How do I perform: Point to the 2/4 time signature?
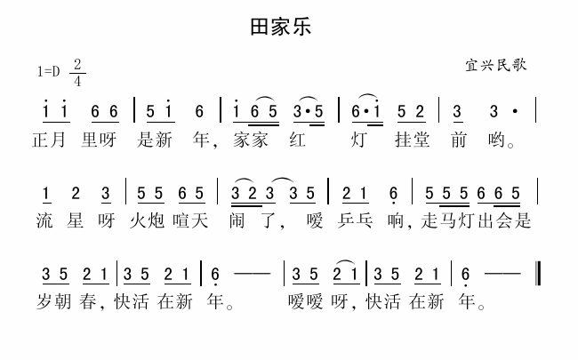click(x=78, y=73)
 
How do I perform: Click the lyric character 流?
click(x=42, y=221)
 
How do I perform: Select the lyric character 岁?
click(x=42, y=303)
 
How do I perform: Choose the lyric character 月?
click(x=62, y=140)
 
